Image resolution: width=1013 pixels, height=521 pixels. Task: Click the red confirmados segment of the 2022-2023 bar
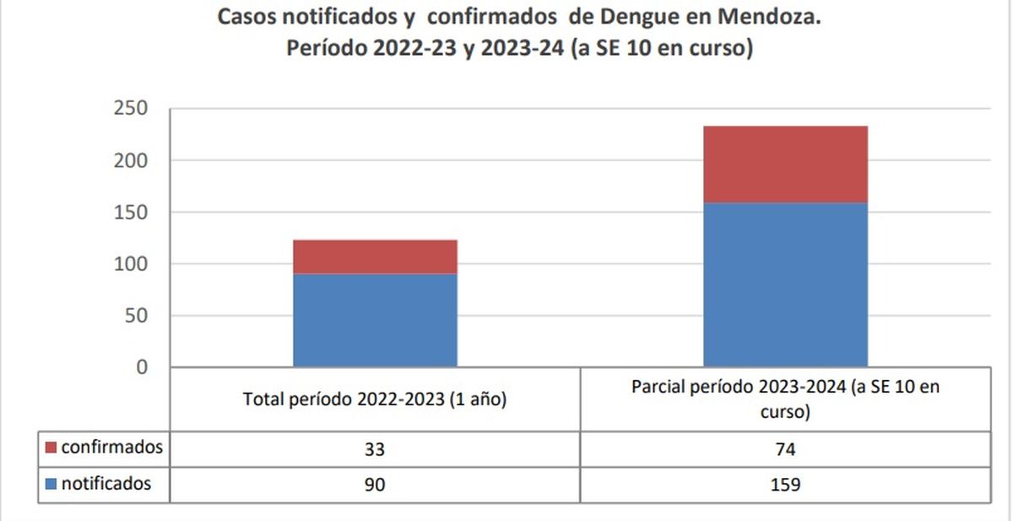375,257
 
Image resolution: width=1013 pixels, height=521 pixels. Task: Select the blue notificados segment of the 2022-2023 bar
375,320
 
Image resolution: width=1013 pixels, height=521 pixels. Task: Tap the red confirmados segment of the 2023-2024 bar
785,164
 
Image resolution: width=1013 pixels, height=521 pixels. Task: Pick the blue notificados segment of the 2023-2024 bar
785,285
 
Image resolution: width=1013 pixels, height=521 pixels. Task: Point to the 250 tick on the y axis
130,109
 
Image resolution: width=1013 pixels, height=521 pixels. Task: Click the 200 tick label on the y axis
130,160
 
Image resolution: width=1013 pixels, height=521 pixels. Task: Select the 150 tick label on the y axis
130,213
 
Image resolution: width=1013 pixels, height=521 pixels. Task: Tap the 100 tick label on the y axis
130,264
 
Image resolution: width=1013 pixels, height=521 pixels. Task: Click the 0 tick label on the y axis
141,367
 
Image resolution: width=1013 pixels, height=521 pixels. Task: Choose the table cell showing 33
375,449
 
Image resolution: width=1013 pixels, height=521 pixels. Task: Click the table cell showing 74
785,449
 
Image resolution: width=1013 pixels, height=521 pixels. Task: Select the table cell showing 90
375,486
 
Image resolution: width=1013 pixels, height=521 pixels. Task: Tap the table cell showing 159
785,486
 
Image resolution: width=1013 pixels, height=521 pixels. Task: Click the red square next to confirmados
50,448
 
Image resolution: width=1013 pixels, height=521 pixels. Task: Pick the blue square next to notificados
50,485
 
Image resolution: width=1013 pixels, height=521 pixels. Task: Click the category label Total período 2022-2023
375,399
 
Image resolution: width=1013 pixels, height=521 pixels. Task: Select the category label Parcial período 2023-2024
785,399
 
